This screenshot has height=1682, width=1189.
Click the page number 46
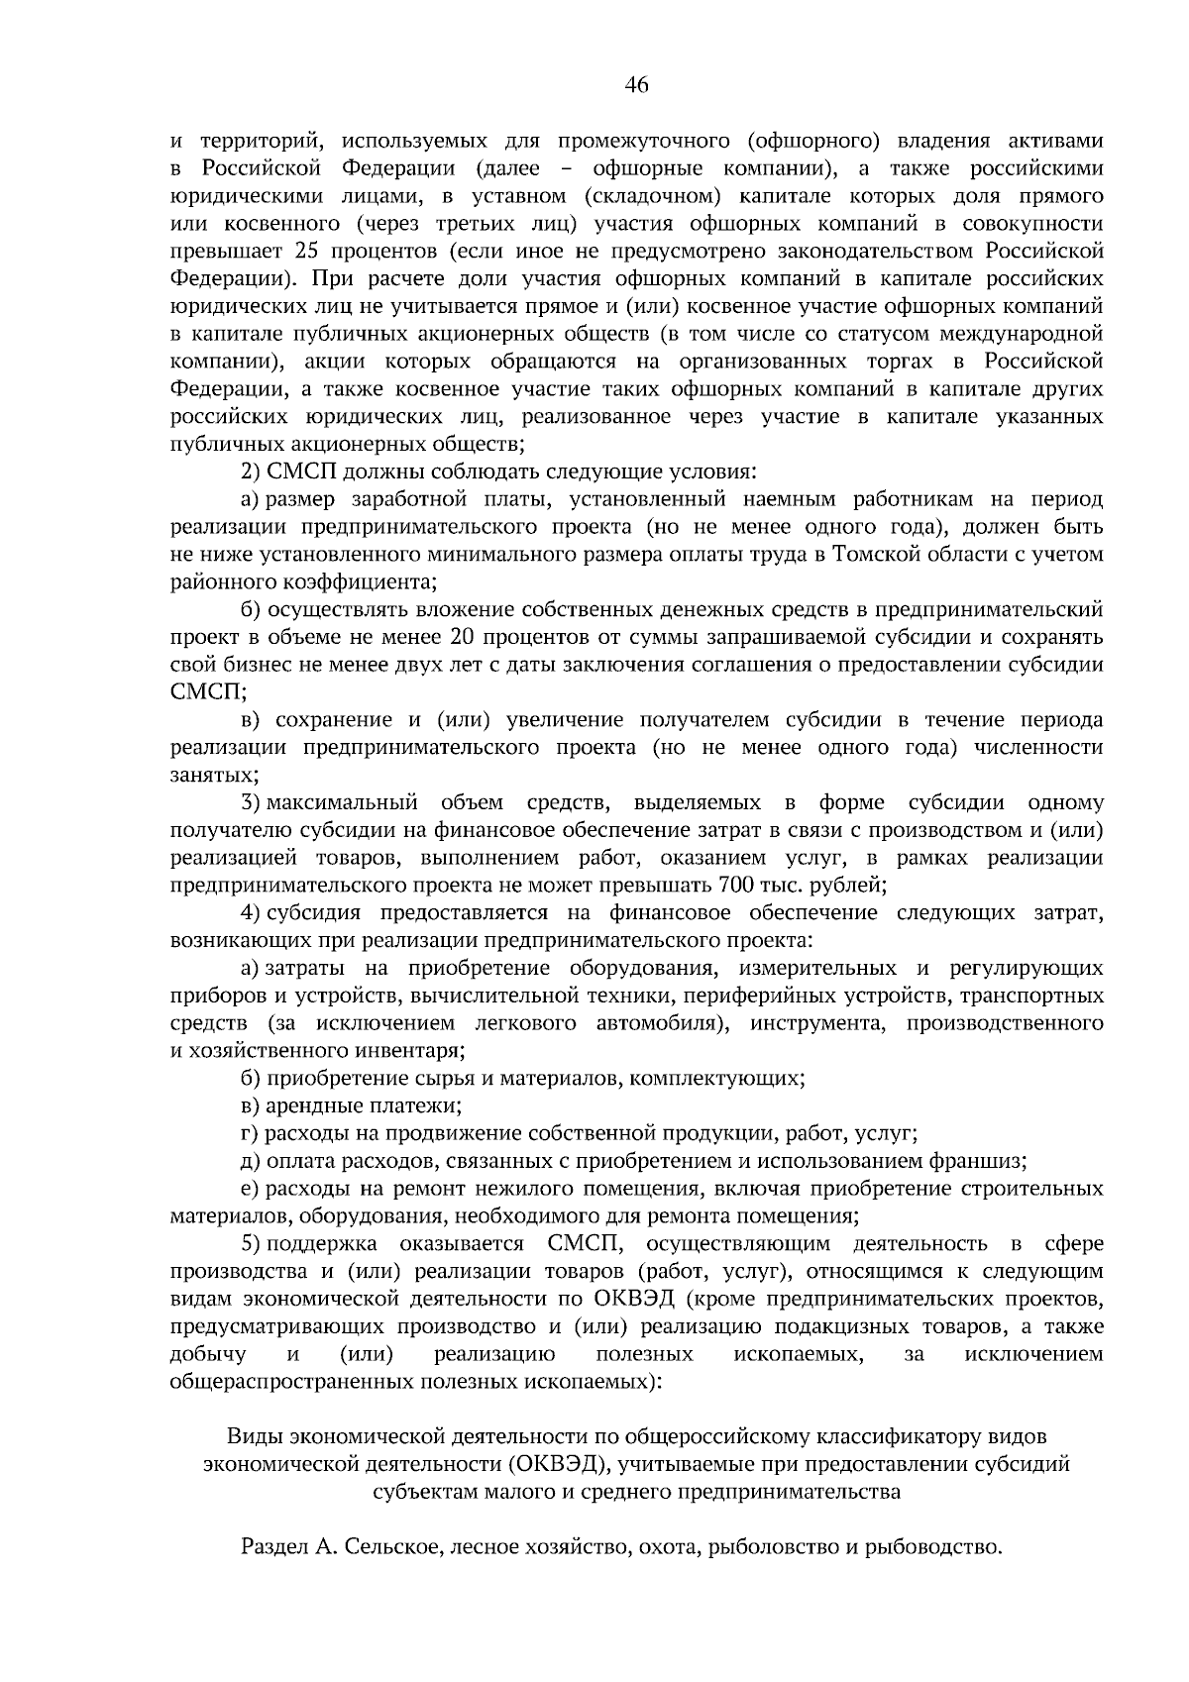click(636, 86)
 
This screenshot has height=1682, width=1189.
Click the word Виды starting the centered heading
click(255, 1435)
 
